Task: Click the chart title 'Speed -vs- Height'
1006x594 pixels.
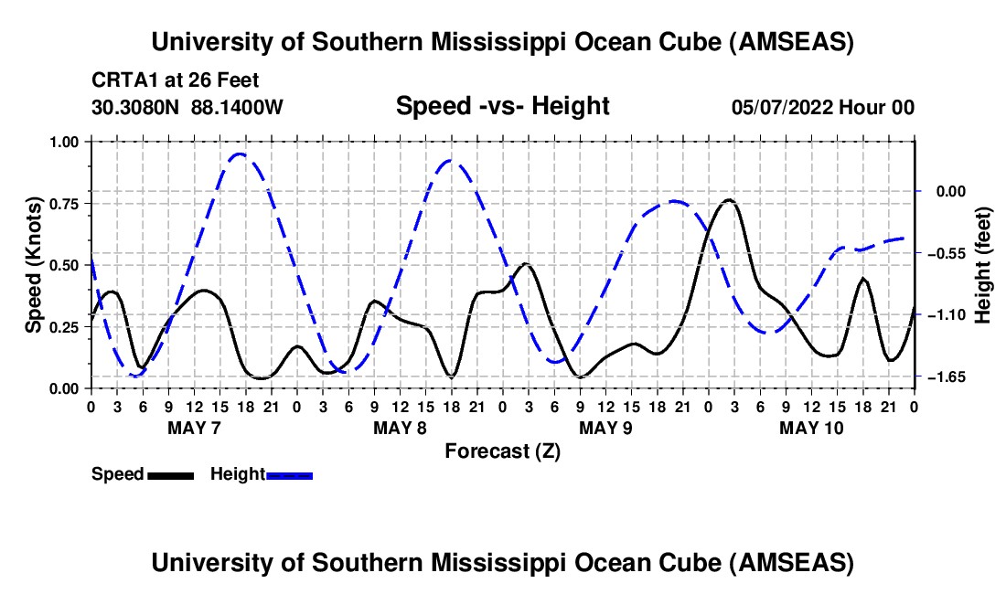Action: [x=502, y=107]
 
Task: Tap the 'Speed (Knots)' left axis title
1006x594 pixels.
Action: [x=33, y=265]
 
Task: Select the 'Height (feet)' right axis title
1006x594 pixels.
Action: [x=983, y=265]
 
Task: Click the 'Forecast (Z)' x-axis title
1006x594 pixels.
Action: [x=502, y=451]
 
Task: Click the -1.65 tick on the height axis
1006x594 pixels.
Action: [x=941, y=377]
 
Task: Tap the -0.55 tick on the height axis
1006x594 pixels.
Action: [x=941, y=253]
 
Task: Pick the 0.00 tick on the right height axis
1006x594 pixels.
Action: [x=941, y=191]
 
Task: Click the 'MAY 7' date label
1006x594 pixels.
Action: [x=194, y=428]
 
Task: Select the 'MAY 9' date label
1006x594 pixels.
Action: [x=605, y=428]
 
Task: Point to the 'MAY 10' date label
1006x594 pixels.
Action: [x=811, y=428]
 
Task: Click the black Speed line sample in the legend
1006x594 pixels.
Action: [x=169, y=474]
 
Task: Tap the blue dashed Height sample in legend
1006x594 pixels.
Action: [x=289, y=474]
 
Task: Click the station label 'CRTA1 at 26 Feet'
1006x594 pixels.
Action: [x=176, y=80]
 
